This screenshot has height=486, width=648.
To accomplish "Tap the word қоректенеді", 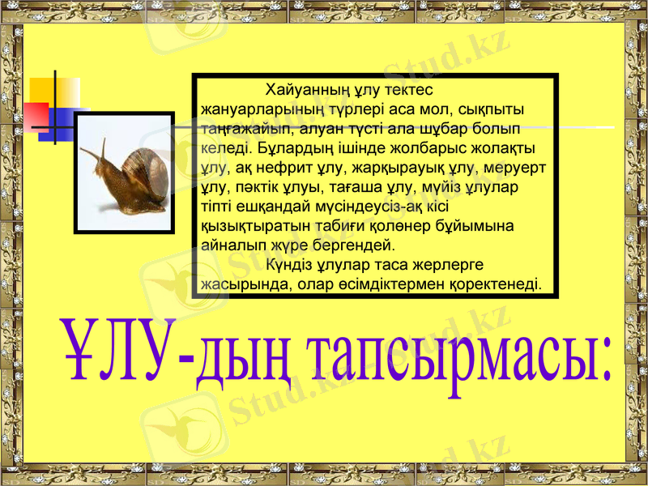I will pos(501,284).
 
